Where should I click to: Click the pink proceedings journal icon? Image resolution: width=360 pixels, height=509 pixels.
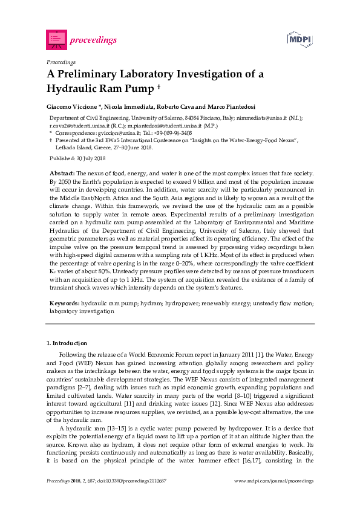pyautogui.click(x=56, y=39)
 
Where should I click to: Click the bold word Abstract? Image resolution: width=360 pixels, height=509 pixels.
pyautogui.click(x=63, y=173)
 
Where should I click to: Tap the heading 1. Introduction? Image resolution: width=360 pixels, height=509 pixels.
pyautogui.click(x=67, y=343)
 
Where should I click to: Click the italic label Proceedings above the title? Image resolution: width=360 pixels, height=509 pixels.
pyautogui.click(x=61, y=62)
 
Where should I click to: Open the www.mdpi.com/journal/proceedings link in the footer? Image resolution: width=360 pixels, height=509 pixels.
pyautogui.click(x=273, y=481)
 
